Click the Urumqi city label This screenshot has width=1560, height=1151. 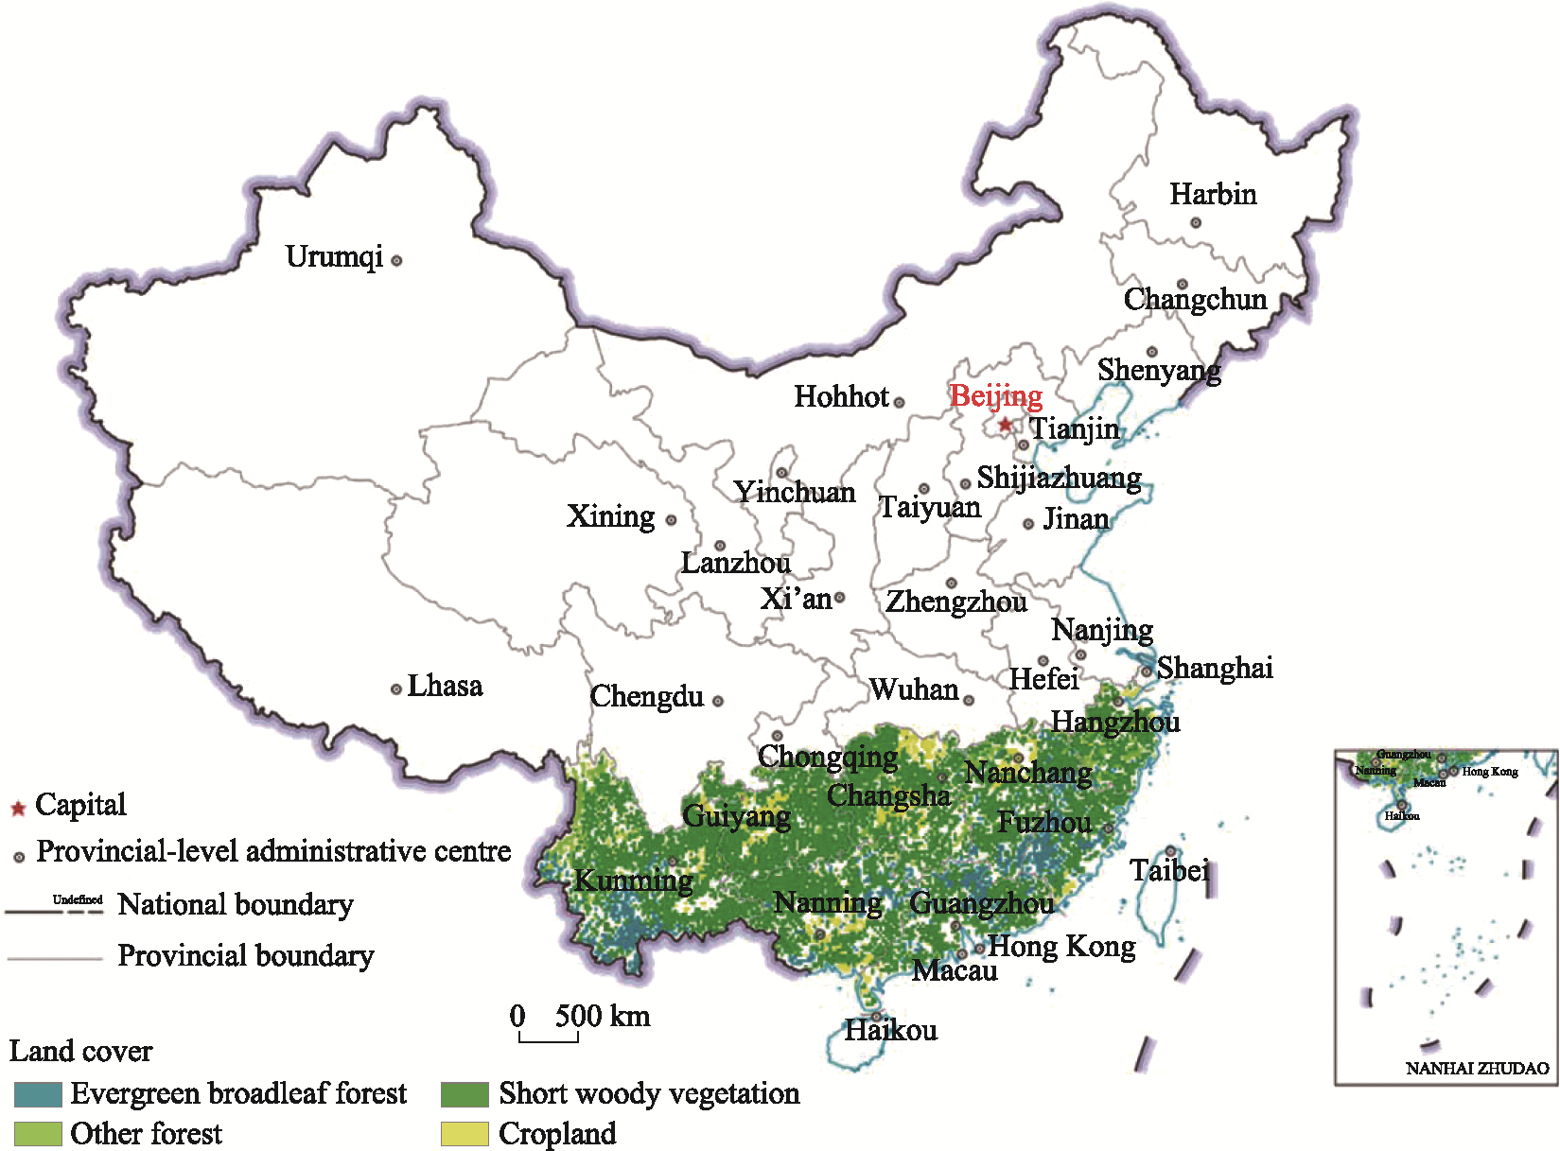(334, 257)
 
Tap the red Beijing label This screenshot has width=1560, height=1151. (996, 396)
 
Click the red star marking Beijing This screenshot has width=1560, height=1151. (1005, 425)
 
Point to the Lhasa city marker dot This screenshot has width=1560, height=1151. (396, 689)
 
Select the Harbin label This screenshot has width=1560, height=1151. (1213, 195)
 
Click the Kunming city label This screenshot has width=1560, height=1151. (634, 881)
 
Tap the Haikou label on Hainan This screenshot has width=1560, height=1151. (890, 1030)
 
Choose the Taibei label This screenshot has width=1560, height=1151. (1169, 870)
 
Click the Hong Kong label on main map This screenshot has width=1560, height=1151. (1061, 947)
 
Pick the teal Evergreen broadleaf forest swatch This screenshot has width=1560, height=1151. (38, 1094)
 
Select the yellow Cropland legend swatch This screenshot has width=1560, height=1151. (464, 1134)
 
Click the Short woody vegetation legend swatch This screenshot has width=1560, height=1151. (464, 1094)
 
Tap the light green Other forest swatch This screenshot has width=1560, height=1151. (38, 1134)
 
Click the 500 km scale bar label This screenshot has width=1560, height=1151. (603, 1017)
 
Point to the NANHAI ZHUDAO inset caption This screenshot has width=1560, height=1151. (1477, 1069)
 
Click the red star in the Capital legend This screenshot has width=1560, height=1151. (17, 809)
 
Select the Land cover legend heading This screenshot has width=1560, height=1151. (80, 1052)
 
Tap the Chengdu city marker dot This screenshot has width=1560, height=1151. (718, 701)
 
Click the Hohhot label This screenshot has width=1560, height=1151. (841, 397)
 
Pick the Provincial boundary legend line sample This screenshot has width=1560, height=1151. (55, 958)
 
